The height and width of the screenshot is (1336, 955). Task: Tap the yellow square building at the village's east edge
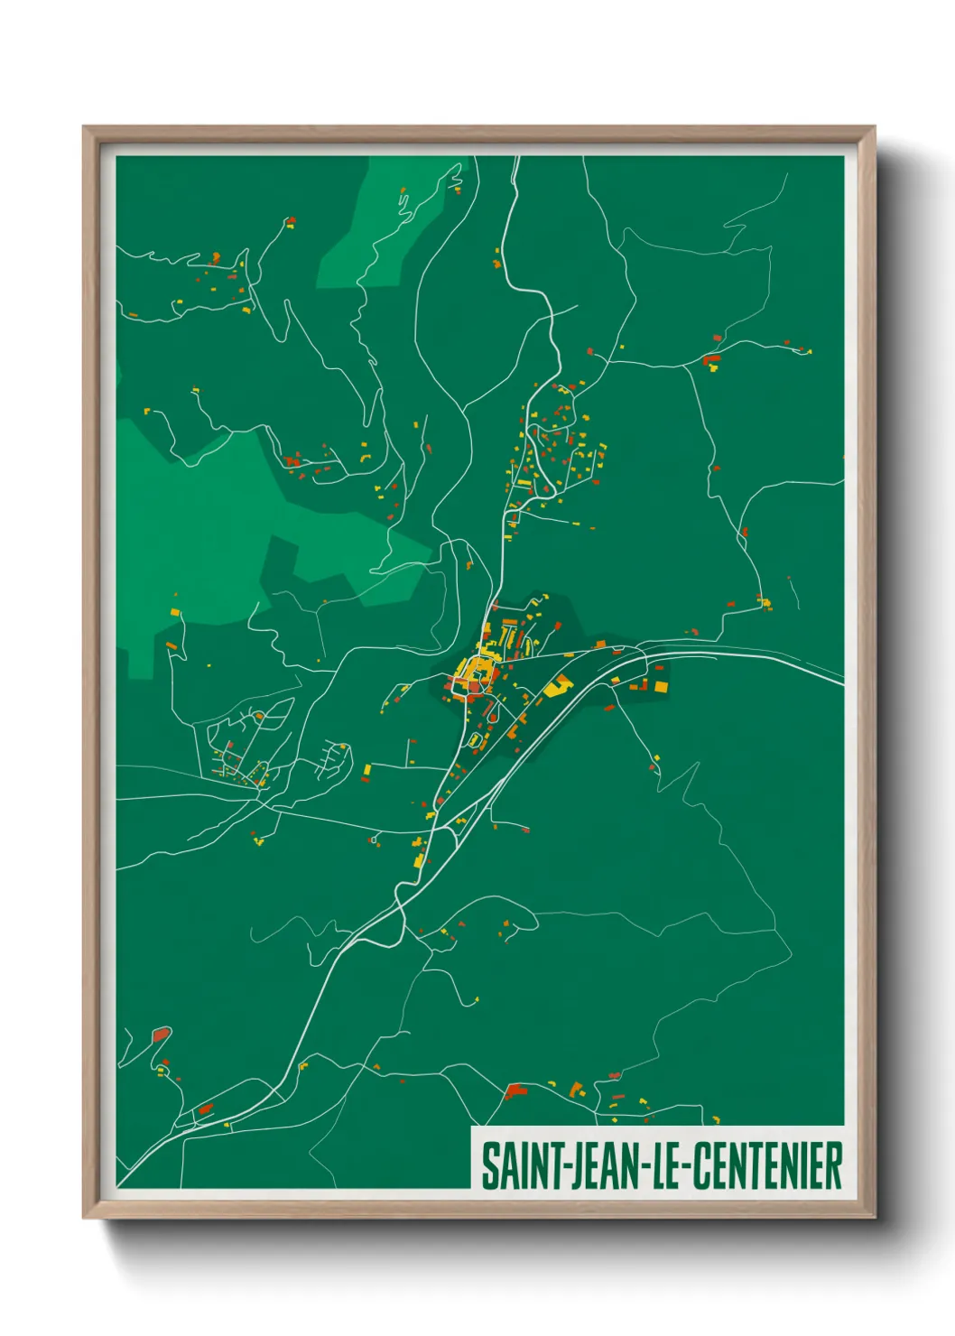(x=661, y=687)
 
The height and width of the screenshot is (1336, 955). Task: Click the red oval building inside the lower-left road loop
(x=162, y=1034)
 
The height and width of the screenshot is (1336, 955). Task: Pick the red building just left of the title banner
(x=516, y=1091)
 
